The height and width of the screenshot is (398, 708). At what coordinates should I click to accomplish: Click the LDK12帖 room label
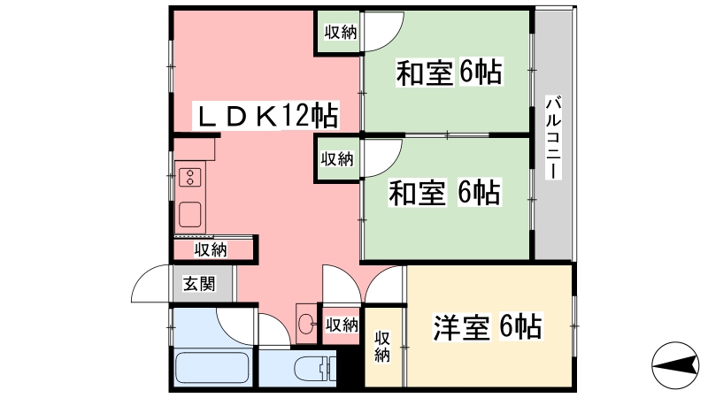point(265,116)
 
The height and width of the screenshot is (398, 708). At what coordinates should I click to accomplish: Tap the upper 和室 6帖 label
point(449,73)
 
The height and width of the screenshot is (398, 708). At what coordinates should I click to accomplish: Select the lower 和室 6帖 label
point(445,192)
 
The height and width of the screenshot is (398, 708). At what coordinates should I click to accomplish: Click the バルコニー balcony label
point(552,137)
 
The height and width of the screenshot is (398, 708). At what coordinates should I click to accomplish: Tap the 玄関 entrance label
point(199,284)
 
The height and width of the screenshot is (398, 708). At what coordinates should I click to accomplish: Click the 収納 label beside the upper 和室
point(340,33)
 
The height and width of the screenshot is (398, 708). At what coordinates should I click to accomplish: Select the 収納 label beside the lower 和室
point(337,159)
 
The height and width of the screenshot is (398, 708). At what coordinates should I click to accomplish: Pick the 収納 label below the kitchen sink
point(211,250)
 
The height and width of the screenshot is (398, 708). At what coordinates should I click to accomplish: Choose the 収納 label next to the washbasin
point(342,325)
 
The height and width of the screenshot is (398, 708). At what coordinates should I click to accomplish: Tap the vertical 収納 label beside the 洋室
point(382,346)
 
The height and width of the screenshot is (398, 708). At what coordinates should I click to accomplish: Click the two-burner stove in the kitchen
point(189,178)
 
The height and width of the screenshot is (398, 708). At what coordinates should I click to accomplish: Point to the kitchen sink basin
point(190,214)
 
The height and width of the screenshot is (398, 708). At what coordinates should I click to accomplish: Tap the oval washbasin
point(305,325)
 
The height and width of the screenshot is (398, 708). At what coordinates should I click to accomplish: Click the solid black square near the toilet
point(352,364)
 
